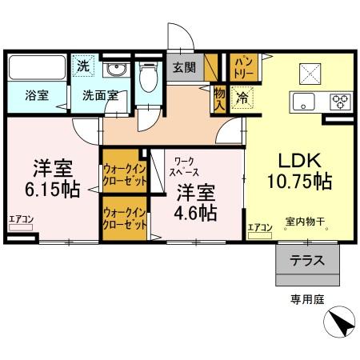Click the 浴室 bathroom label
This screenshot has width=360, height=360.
(36, 95)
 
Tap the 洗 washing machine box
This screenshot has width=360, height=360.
(83, 66)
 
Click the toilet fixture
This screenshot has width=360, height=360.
(146, 78)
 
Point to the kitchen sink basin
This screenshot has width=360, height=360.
(305, 102)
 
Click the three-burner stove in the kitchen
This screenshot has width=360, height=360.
(339, 102)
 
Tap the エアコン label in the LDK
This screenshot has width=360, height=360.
(259, 227)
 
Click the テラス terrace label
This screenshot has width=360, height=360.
(307, 261)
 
